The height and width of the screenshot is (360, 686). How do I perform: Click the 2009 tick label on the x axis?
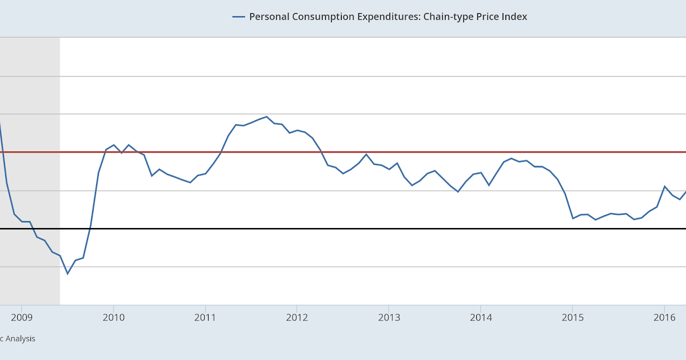point(21,317)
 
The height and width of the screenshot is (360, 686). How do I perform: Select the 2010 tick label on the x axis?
point(113,317)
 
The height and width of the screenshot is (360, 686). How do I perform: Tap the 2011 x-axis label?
point(205,317)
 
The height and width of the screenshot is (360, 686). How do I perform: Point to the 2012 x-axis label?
point(297,317)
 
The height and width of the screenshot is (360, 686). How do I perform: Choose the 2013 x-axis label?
point(389,317)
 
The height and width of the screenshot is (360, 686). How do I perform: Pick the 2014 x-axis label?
point(481,317)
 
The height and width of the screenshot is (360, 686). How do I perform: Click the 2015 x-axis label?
point(572,317)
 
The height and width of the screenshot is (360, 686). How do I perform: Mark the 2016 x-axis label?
point(664,317)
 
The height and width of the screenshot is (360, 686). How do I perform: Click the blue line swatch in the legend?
point(238,17)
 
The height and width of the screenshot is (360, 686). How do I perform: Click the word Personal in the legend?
point(269,17)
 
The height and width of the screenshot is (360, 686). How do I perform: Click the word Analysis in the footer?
point(21,338)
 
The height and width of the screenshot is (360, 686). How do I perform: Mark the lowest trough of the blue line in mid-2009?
point(67,274)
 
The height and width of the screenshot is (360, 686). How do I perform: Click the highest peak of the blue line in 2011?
point(266,117)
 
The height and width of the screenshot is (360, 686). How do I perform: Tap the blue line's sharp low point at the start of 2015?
point(573,218)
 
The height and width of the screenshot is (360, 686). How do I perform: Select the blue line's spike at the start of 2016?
point(664,186)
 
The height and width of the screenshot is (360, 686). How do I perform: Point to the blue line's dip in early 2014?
point(489,185)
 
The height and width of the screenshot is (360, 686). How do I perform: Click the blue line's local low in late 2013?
point(458,191)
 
